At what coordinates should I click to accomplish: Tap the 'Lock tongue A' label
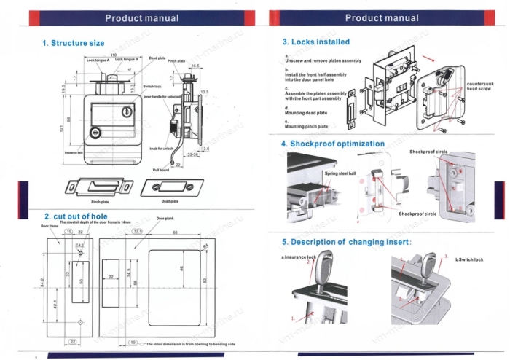coord(98,60)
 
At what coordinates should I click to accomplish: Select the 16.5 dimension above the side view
coord(195,66)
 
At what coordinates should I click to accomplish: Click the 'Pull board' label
coord(160,170)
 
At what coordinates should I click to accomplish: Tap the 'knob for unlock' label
coord(161,148)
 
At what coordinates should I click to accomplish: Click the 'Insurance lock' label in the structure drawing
coord(74,153)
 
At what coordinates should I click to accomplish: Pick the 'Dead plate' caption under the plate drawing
coord(169,200)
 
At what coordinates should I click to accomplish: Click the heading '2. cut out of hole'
coord(76,216)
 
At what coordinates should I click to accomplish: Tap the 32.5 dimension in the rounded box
coord(138,231)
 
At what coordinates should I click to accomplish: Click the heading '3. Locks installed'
coord(315,42)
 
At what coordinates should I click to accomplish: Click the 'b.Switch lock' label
coord(469,259)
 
